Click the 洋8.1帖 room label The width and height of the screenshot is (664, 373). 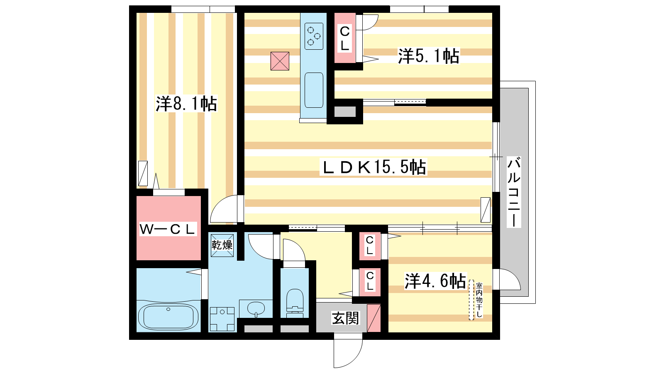pos(186,104)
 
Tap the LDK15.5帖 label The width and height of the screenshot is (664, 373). pos(373,167)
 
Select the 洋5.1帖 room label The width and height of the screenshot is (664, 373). pos(428,56)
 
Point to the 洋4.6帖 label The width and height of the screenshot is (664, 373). pos(435,281)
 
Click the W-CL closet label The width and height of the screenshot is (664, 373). pos(168,229)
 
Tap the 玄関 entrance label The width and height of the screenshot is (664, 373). pos(345,318)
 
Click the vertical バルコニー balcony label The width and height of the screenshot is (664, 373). pos(514,192)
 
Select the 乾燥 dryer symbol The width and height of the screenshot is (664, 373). pos(222,245)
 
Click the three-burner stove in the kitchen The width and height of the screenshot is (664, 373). pos(314,36)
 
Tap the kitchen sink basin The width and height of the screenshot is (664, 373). pos(314,90)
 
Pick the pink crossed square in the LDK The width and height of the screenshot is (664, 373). pos(280,61)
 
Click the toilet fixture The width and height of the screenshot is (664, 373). pos(295,303)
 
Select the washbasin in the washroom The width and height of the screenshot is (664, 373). pos(256,308)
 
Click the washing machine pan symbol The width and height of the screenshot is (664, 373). pos(222,319)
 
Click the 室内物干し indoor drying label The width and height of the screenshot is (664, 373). pos(479,300)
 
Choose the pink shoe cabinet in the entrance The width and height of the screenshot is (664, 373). pos(374,318)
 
